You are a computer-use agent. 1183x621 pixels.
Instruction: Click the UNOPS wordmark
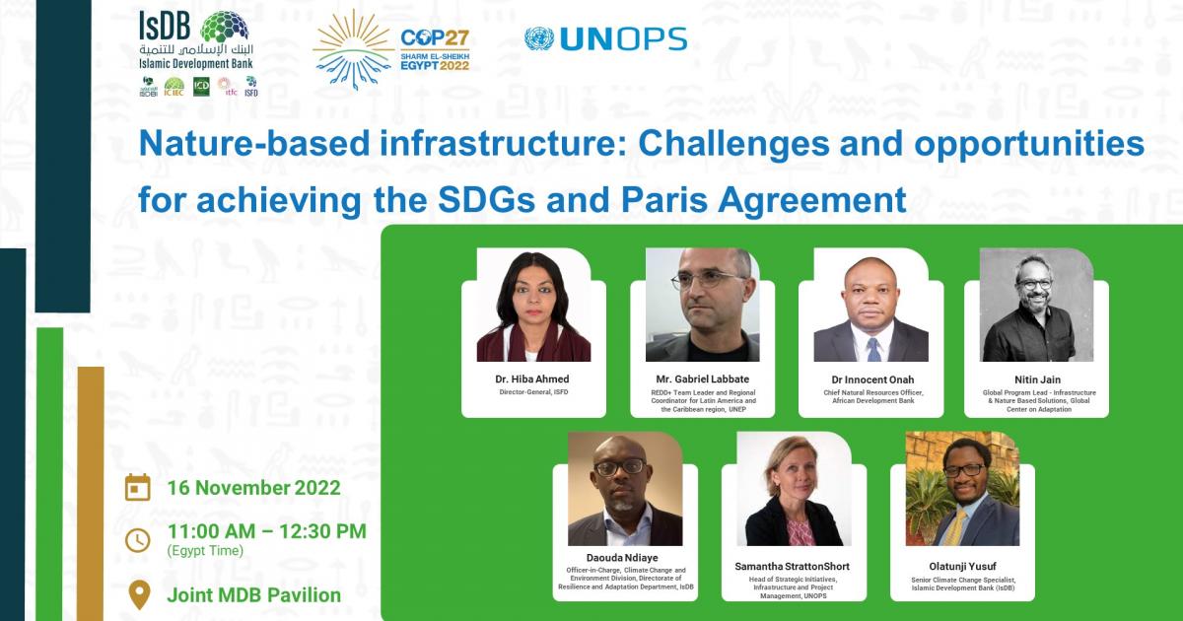coord(622,39)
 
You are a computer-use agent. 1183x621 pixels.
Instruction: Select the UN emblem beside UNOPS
coord(538,39)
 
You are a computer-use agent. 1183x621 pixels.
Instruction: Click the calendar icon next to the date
coord(138,488)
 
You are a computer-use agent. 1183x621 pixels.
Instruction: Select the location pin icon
coord(139,594)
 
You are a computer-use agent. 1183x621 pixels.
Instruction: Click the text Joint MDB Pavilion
coord(254,595)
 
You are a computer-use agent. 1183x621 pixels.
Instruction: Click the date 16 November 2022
coord(253,488)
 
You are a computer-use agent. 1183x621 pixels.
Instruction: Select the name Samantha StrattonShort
coord(793,567)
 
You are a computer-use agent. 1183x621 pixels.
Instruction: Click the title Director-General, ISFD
coord(532,392)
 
